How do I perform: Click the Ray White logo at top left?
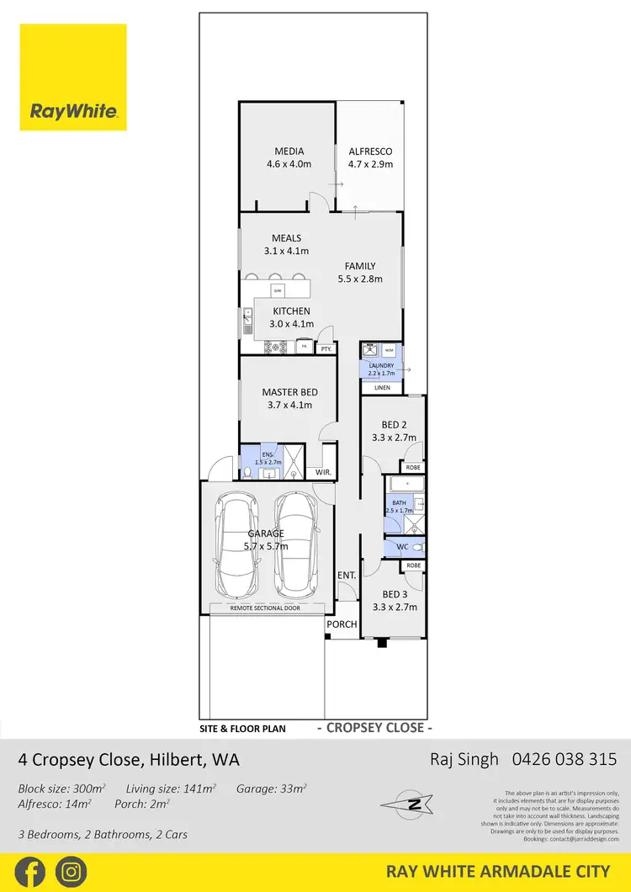click(x=73, y=77)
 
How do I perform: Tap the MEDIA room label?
click(x=289, y=151)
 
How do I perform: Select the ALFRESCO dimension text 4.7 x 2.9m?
click(x=370, y=164)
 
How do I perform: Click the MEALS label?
click(x=286, y=238)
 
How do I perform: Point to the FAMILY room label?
click(x=359, y=266)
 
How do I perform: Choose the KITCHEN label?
click(x=291, y=311)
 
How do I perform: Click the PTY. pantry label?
click(x=326, y=348)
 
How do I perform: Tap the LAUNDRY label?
click(x=381, y=366)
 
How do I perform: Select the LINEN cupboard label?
click(x=382, y=387)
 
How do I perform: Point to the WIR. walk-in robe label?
click(x=322, y=473)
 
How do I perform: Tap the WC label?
click(x=401, y=547)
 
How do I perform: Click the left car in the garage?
click(x=235, y=544)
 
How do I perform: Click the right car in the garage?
click(x=295, y=544)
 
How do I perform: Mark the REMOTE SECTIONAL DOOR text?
click(x=266, y=608)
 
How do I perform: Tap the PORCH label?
click(x=342, y=624)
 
